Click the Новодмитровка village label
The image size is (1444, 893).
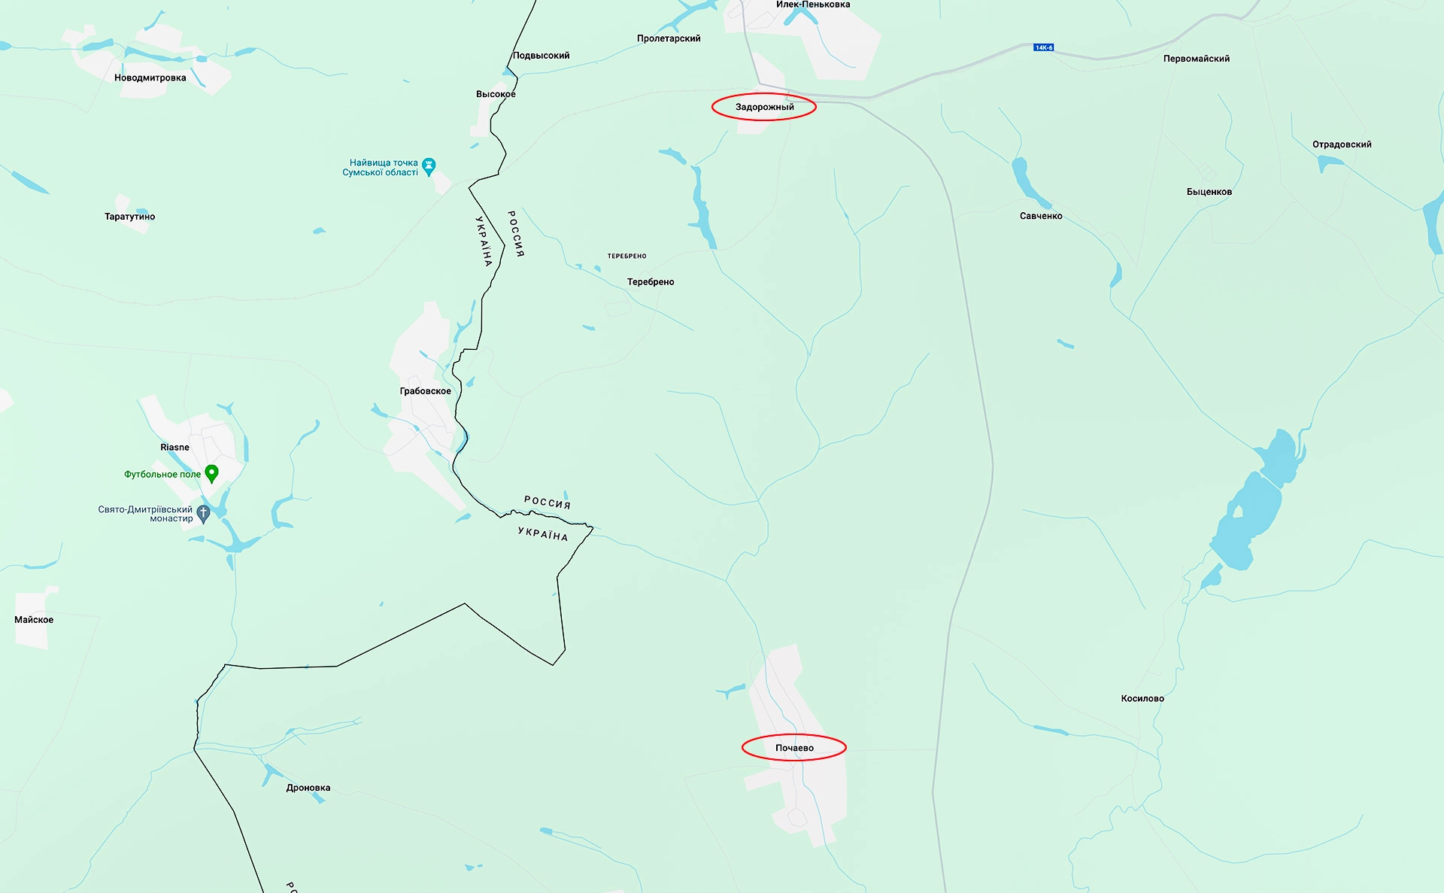150,78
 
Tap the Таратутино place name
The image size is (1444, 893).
129,217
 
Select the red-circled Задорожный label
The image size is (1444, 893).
764,107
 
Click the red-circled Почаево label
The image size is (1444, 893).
794,748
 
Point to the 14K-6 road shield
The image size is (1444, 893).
1044,47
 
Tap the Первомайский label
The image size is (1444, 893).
1196,59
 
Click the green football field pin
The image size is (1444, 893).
212,473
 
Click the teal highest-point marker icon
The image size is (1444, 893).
429,166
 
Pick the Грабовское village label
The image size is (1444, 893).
425,391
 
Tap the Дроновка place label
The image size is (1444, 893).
308,788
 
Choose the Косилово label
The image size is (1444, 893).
1142,698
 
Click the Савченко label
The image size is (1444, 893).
1041,216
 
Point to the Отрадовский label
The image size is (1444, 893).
1342,144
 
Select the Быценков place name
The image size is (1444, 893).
1209,192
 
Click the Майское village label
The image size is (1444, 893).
34,620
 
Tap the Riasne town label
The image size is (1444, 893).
174,447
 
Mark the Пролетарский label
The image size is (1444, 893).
668,38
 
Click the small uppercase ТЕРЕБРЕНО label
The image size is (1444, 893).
626,256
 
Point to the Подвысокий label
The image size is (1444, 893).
541,56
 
